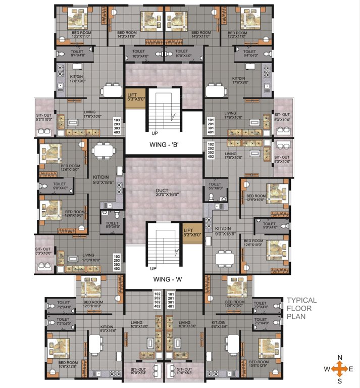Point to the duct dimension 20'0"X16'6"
pos(163,195)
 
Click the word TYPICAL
pos(302,300)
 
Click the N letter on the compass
pos(340,358)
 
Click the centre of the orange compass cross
pos(340,369)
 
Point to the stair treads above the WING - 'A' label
pos(164,243)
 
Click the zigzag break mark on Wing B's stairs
pos(174,117)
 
